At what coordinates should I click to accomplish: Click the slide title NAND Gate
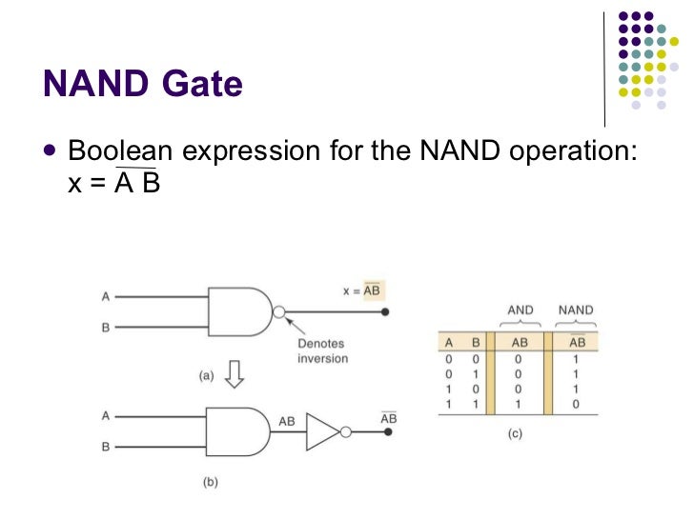point(143,85)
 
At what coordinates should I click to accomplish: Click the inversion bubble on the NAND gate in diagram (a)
point(278,311)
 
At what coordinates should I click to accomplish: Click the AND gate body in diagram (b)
point(237,431)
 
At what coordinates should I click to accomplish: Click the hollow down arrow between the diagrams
point(234,375)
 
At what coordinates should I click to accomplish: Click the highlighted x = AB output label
point(365,290)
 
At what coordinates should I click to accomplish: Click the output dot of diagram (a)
point(384,311)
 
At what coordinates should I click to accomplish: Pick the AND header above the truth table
point(520,310)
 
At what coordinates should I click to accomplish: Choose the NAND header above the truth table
point(576,310)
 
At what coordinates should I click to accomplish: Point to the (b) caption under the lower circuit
point(210,483)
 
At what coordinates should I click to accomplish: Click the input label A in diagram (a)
point(106,296)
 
